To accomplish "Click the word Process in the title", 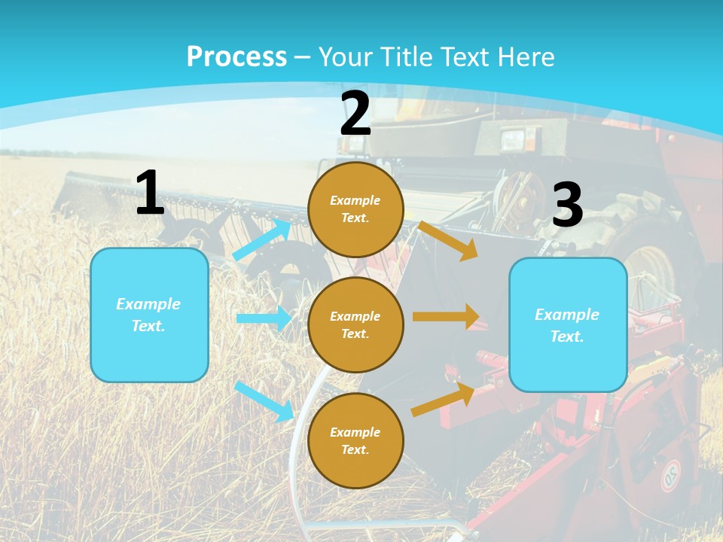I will (236, 56).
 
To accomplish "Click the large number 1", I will (150, 193).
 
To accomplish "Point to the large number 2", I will (355, 114).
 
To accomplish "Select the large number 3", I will (567, 206).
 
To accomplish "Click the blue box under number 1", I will (149, 315).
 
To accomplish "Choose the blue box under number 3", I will (568, 325).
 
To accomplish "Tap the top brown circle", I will (355, 209).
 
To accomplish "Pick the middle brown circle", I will (355, 324).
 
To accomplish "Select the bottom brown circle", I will (355, 440).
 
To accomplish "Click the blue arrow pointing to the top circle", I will (261, 239).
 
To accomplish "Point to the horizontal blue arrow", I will (263, 318).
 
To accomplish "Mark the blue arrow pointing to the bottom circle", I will (264, 400).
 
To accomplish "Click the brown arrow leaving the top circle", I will (448, 240).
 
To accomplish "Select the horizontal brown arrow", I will (446, 317).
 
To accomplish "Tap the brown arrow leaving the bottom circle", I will (443, 400).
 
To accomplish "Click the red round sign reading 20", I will (670, 475).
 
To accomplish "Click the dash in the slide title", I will (303, 57).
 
